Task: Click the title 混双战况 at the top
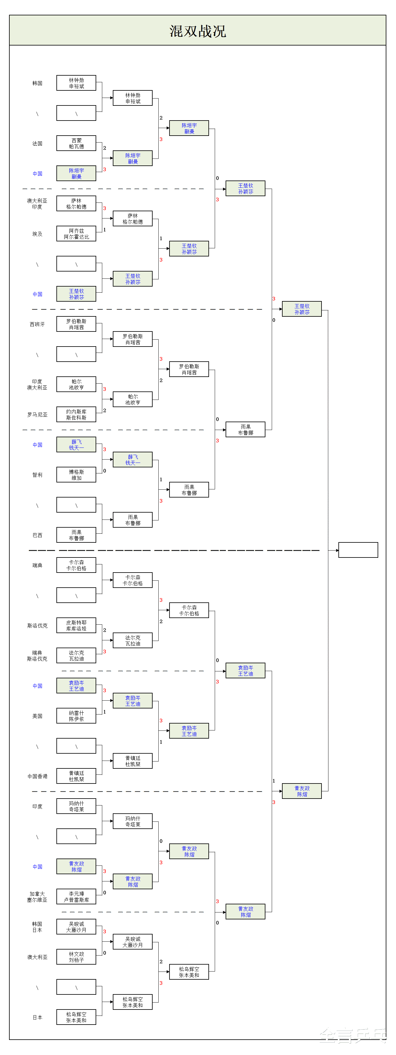pyautogui.click(x=198, y=31)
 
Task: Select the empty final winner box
pyautogui.click(x=358, y=550)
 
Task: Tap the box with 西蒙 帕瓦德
pyautogui.click(x=76, y=143)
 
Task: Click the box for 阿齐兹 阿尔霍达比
pyautogui.click(x=76, y=234)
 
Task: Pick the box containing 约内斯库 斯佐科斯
pyautogui.click(x=76, y=414)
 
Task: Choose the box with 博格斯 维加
pyautogui.click(x=76, y=475)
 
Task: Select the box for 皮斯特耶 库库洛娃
pyautogui.click(x=76, y=625)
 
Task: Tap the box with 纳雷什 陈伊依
pyautogui.click(x=76, y=716)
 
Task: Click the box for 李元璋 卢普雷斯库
pyautogui.click(x=76, y=896)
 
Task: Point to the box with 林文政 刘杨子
pyautogui.click(x=76, y=957)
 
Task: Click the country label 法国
pyautogui.click(x=37, y=143)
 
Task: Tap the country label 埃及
pyautogui.click(x=37, y=234)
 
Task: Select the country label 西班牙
pyautogui.click(x=37, y=324)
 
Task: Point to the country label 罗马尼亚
pyautogui.click(x=37, y=414)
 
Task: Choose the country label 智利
pyautogui.click(x=37, y=475)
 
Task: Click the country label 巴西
pyautogui.click(x=37, y=535)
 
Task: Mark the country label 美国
pyautogui.click(x=37, y=716)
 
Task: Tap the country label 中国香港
pyautogui.click(x=37, y=776)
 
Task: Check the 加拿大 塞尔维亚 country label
pyautogui.click(x=37, y=896)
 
